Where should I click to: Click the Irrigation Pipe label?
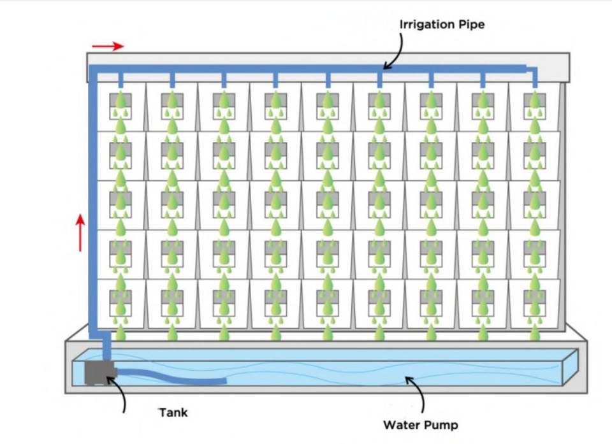(442, 25)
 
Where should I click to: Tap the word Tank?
(173, 413)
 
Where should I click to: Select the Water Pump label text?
(420, 424)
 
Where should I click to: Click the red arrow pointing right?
(106, 46)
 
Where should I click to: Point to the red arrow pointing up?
(80, 233)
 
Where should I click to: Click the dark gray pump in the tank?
(98, 373)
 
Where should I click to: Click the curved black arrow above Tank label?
(119, 393)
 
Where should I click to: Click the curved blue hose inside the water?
(172, 378)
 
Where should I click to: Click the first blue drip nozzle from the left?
(120, 79)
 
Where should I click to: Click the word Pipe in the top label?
(472, 25)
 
